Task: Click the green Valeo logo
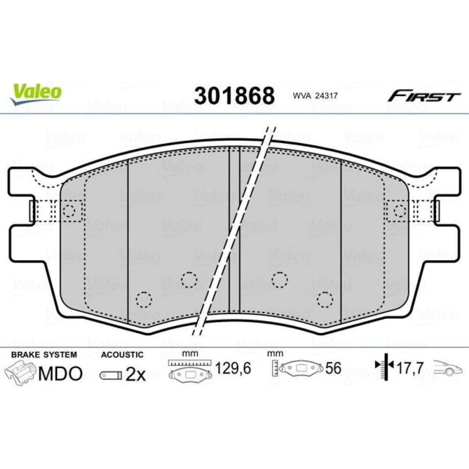click(36, 94)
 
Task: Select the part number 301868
click(234, 96)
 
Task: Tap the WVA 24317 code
click(315, 96)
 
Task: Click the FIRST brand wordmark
click(424, 96)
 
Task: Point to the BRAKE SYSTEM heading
click(44, 355)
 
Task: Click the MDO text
click(60, 374)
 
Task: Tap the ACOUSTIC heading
click(122, 355)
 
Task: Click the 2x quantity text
click(136, 374)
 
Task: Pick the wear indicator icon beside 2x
click(111, 376)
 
